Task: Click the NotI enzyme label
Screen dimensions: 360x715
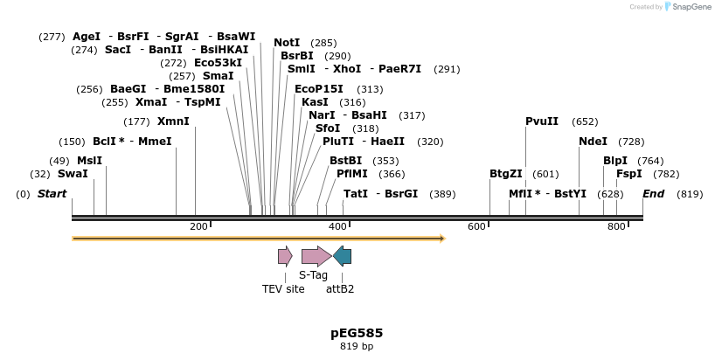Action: pos(287,43)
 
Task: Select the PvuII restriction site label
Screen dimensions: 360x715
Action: pos(542,121)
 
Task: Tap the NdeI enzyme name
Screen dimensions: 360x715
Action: pos(593,142)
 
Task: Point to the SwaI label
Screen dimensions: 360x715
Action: pos(73,174)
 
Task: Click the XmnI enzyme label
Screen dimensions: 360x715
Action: pos(173,121)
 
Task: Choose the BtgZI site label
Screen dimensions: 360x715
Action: pos(506,174)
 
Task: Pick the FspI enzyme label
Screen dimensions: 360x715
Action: pos(629,174)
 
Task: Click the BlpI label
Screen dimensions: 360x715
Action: pos(615,161)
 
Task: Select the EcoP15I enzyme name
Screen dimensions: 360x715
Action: pos(319,89)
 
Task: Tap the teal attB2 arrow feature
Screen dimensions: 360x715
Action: pos(343,256)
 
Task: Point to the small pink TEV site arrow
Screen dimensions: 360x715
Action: pos(285,256)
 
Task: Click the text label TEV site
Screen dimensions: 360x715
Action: pos(283,288)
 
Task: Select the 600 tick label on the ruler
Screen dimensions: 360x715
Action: pos(476,227)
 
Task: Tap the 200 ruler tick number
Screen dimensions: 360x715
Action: pos(198,227)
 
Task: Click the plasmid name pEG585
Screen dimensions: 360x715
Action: pos(357,333)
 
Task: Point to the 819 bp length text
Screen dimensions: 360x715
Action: pos(357,347)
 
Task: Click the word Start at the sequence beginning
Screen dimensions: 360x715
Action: pos(52,193)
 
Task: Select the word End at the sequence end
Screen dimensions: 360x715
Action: pos(654,193)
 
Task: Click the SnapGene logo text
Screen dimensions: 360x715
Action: pos(691,7)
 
